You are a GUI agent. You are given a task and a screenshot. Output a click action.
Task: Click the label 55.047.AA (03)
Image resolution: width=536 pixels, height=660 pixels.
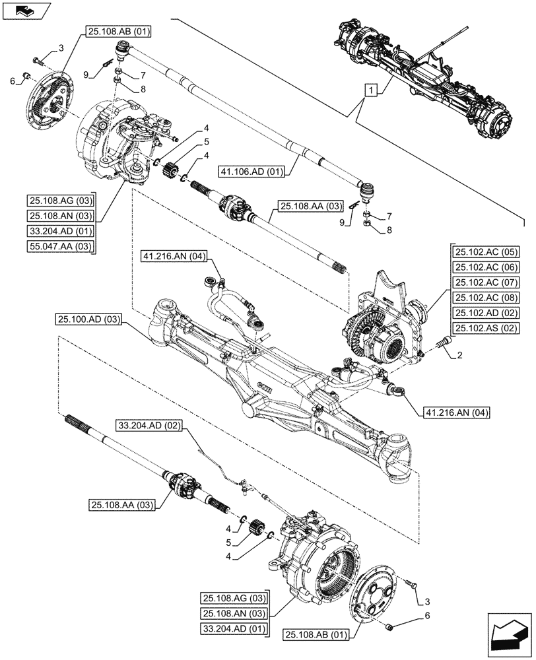[61, 246]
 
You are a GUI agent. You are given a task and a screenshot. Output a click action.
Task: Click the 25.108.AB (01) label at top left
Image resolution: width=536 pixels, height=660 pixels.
[116, 30]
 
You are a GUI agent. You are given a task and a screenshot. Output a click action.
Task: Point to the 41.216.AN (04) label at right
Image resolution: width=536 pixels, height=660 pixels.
[453, 413]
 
